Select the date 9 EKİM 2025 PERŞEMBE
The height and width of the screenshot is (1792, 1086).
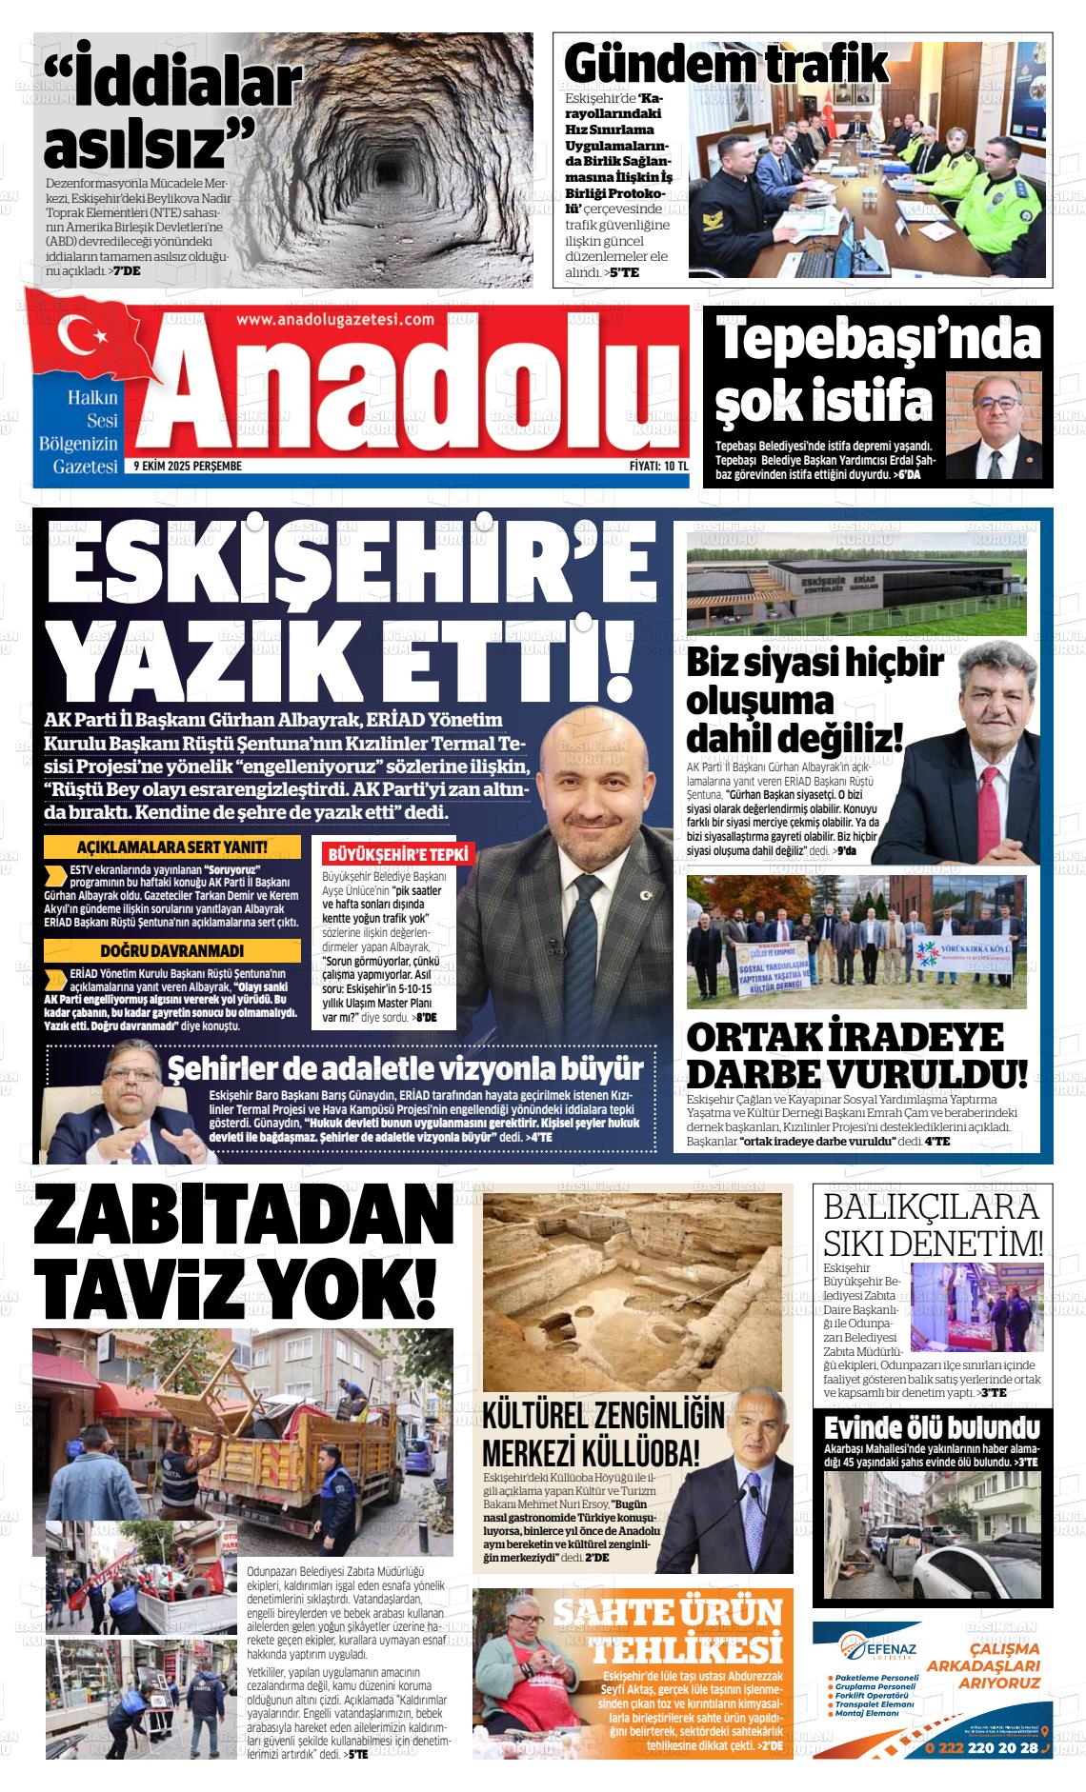(x=188, y=467)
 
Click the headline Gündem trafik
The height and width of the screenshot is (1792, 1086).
(x=726, y=65)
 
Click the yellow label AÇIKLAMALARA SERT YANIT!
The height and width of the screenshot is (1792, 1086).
(x=171, y=847)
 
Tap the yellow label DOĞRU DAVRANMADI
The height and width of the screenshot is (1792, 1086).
(x=171, y=950)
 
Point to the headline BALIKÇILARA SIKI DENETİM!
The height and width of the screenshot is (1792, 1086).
(x=933, y=1224)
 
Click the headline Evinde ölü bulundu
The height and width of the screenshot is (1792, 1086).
(x=932, y=1428)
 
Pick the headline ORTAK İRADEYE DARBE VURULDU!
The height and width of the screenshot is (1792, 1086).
(x=856, y=1055)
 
